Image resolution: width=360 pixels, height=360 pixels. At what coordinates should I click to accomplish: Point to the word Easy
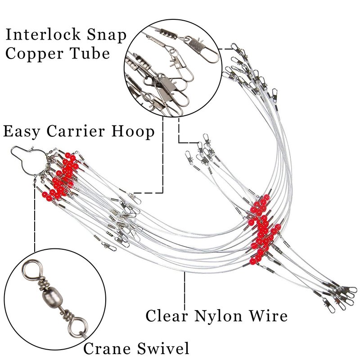[21, 132]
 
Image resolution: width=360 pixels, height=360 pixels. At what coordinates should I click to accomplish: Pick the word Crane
[105, 348]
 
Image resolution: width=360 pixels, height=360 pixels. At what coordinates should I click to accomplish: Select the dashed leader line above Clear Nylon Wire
[184, 288]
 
